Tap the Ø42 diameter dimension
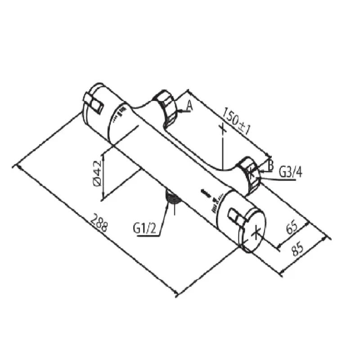[x=97, y=173]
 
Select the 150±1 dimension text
[x=236, y=121]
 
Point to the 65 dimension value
[x=292, y=227]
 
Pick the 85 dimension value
[x=297, y=248]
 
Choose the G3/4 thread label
[x=290, y=172]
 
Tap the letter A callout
[x=189, y=106]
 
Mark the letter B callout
[x=271, y=165]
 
